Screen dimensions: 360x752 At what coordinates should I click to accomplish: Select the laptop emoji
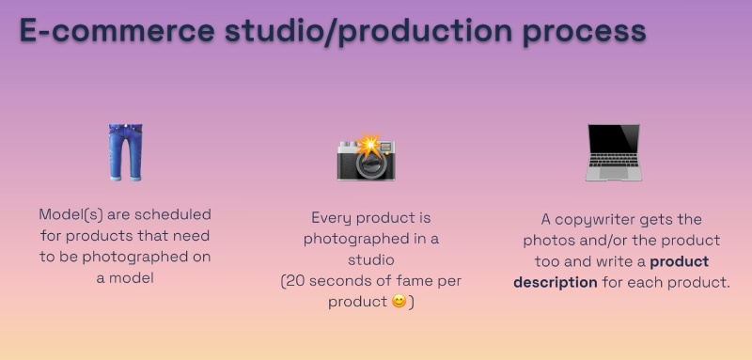pos(612,152)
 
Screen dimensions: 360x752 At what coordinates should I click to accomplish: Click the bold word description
pos(555,282)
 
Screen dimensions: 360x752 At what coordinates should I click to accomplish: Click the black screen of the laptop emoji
pos(612,146)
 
